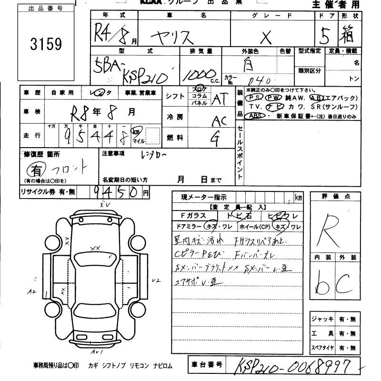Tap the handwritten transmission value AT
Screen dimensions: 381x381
coord(219,99)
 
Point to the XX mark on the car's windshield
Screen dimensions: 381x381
coord(94,248)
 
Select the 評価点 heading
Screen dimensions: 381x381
coord(333,196)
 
